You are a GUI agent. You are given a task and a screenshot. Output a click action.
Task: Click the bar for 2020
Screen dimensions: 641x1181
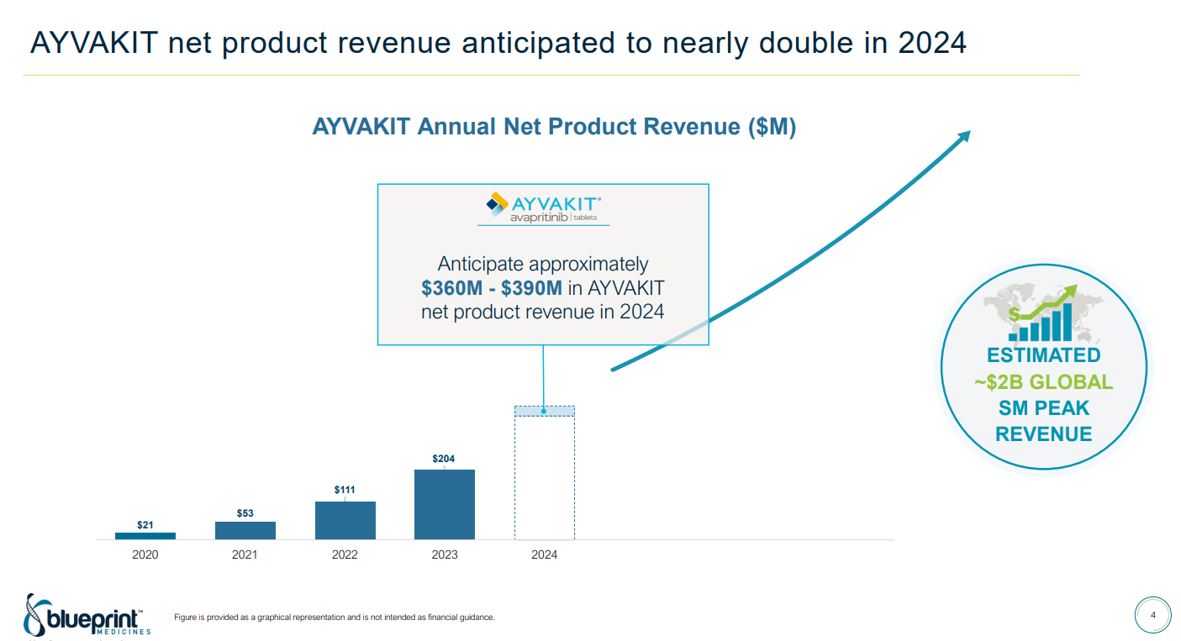[x=145, y=535]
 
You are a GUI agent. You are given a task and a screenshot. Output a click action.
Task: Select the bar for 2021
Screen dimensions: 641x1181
[x=245, y=530]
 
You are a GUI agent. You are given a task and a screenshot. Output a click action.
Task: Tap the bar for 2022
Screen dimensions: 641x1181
[x=345, y=520]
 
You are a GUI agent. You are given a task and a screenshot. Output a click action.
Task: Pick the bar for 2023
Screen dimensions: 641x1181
[x=445, y=504]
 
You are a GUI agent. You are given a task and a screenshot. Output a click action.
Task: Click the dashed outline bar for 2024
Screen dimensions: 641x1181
[x=544, y=475]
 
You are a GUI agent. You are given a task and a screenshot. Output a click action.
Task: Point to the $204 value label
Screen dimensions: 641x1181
[x=444, y=459]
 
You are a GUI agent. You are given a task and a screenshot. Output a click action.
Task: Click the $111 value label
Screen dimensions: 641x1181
[x=345, y=489]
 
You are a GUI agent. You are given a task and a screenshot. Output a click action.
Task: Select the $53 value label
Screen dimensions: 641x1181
[x=245, y=512]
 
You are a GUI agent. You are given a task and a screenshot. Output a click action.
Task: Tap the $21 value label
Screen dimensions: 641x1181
[x=145, y=524]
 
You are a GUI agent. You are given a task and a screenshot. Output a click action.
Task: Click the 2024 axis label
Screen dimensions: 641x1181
[x=544, y=554]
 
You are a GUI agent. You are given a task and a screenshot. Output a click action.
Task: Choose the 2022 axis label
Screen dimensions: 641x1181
[x=345, y=554]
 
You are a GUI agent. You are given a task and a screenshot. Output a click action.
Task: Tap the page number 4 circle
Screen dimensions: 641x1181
[x=1152, y=616]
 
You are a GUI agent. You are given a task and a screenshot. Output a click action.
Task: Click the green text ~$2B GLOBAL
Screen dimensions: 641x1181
[x=1043, y=382]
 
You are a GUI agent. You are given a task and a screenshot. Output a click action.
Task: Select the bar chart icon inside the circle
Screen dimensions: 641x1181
[x=1042, y=316]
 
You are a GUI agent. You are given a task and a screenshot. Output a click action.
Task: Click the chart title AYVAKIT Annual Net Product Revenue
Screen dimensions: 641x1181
[x=554, y=127]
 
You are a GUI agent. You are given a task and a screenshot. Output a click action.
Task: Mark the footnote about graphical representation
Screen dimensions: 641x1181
[x=334, y=617]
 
